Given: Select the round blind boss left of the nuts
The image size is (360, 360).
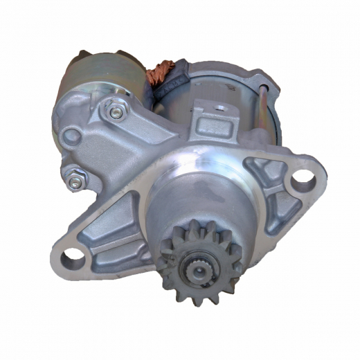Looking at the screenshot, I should tap(71, 136).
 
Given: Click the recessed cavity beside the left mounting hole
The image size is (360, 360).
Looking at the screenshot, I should tap(104, 228).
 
